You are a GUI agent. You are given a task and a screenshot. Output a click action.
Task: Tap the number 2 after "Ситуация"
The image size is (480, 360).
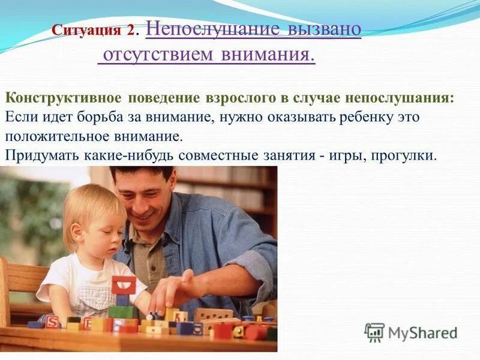click(x=131, y=29)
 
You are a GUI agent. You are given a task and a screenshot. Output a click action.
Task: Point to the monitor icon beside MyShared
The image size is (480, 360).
click(x=374, y=332)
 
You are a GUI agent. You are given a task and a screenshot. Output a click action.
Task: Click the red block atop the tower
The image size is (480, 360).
click(x=124, y=284)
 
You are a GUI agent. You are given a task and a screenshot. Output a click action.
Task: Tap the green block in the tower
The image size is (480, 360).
click(x=121, y=311)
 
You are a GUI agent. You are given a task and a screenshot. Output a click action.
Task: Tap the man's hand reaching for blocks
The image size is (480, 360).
click(x=174, y=292)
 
